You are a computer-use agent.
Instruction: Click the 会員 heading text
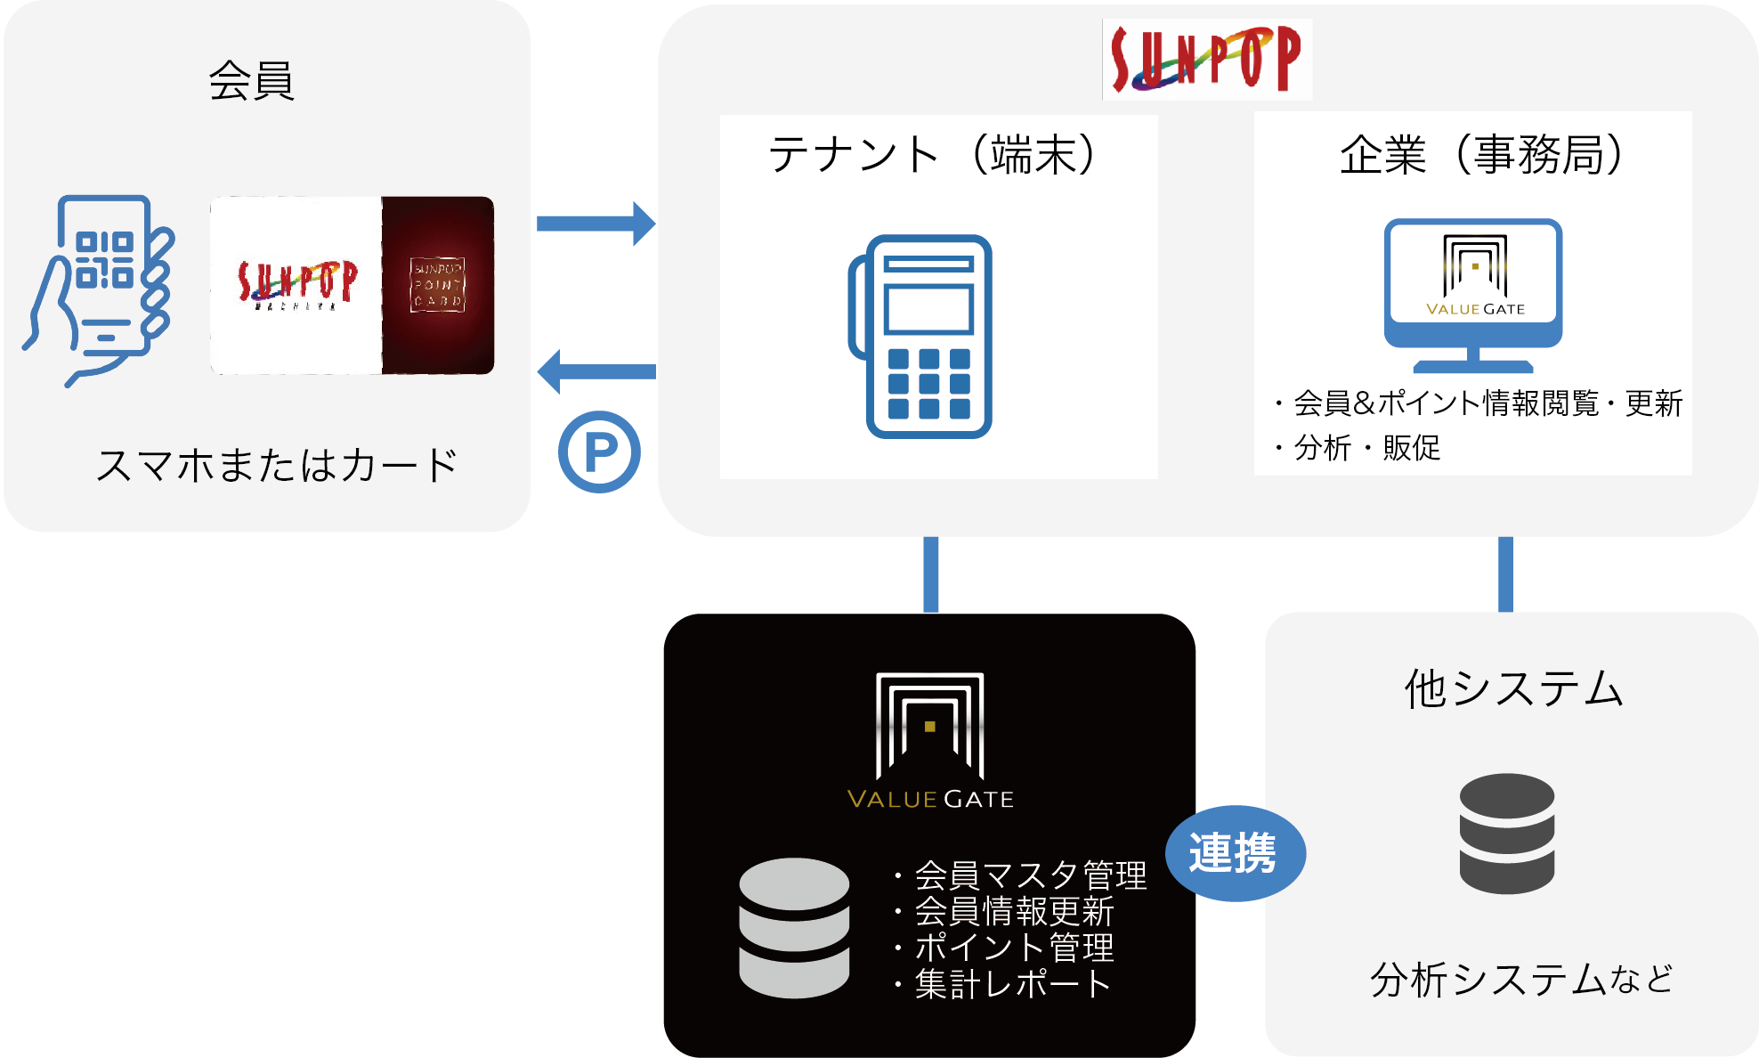point(251,81)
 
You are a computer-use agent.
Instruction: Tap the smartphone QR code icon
point(101,287)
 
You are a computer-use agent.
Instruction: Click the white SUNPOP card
point(296,285)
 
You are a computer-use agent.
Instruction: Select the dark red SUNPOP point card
point(438,285)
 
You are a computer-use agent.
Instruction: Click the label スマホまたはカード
point(276,466)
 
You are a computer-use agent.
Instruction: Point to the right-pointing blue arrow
point(596,224)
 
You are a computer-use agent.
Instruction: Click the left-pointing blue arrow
point(596,371)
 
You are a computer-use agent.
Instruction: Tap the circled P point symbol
point(599,452)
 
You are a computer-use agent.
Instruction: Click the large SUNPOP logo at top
point(1206,59)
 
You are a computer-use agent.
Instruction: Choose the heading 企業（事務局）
point(1481,155)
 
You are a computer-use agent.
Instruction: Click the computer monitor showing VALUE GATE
point(1473,294)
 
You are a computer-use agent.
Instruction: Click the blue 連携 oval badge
point(1235,853)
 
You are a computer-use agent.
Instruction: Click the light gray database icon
point(794,927)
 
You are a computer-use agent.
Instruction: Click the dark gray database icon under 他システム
point(1506,833)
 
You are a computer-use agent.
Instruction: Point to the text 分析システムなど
point(1521,980)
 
